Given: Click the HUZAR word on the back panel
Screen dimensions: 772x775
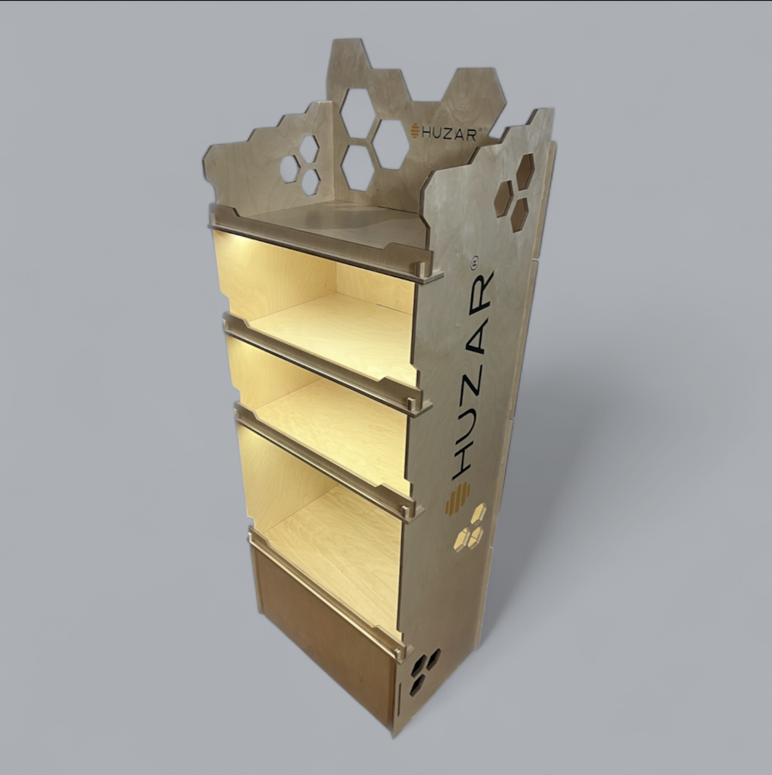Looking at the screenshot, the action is click(x=450, y=134).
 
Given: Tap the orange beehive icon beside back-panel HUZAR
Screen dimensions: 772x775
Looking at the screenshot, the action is click(x=414, y=131).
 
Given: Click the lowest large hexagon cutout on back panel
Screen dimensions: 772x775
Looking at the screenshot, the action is click(x=358, y=167).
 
